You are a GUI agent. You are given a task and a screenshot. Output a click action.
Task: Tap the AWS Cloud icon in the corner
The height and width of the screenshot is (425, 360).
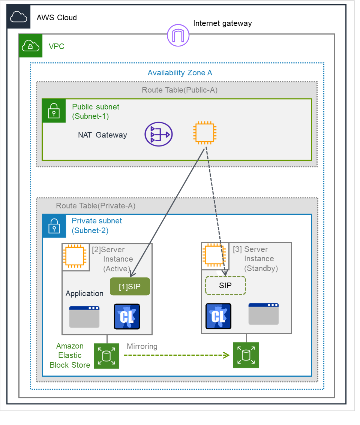pos(19,17)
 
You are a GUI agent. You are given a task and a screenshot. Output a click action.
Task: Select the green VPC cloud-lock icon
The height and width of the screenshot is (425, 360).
pos(31,46)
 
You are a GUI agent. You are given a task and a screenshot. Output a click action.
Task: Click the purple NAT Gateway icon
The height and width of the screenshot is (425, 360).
pos(159,134)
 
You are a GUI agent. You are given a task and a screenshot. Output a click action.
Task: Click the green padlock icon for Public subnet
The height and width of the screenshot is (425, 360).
pos(54,111)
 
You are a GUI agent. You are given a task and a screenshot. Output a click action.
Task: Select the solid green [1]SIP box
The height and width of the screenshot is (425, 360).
pos(130,287)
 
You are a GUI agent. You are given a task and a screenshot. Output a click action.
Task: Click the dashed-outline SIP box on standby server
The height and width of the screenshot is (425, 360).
pos(225,286)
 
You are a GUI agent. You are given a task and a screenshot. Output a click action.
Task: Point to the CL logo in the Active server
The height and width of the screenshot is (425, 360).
pos(127,317)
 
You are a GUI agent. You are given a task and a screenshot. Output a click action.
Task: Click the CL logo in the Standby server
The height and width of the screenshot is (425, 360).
pos(218,316)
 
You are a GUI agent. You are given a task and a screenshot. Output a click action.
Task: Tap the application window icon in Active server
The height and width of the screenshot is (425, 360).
pos(84,317)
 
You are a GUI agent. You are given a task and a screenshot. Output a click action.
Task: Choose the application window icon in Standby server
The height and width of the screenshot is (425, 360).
pos(264,314)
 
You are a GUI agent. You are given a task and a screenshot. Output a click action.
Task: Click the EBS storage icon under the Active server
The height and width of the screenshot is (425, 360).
pos(106,356)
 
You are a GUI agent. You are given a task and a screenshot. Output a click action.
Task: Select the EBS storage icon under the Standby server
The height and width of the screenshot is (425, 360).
pos(246,355)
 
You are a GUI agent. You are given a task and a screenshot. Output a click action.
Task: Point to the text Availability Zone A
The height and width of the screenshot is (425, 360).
pos(180,73)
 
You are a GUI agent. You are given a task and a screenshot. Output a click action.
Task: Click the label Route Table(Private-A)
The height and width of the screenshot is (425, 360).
pos(96,206)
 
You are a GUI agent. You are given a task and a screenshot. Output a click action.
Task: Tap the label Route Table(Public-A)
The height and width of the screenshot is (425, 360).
pos(180,90)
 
